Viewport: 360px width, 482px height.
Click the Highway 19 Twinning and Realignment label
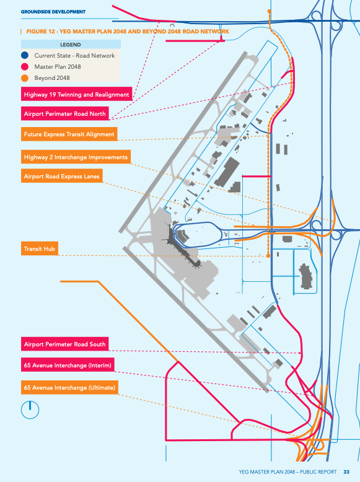click(77, 94)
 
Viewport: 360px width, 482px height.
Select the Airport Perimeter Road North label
click(65, 114)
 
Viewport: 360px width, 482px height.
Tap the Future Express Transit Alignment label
click(69, 134)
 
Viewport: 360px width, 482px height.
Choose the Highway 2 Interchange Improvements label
click(76, 157)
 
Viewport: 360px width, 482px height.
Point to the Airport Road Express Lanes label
click(62, 176)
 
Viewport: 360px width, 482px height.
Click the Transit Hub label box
click(40, 248)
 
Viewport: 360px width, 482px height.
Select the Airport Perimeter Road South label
click(65, 344)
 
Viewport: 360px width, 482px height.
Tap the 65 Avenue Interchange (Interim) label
click(68, 365)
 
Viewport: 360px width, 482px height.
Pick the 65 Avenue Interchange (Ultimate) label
click(69, 387)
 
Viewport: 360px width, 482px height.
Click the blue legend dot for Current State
click(25, 55)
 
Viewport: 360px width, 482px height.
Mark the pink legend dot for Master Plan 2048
click(25, 67)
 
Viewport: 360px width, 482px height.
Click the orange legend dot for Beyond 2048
click(25, 78)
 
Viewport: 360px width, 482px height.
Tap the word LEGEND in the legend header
click(71, 45)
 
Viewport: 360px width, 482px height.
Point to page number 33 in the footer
click(346, 472)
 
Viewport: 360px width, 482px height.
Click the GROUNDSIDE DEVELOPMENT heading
click(53, 12)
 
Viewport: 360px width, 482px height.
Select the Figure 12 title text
click(128, 32)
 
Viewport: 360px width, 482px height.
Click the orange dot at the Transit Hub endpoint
click(268, 256)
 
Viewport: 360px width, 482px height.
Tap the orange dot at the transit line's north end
click(270, 11)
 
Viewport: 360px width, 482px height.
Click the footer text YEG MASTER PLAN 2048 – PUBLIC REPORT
click(288, 472)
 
